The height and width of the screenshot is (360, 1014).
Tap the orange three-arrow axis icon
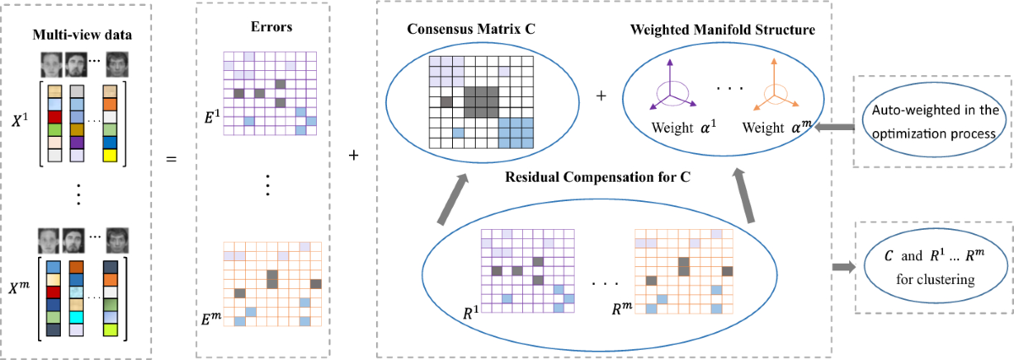(775, 89)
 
